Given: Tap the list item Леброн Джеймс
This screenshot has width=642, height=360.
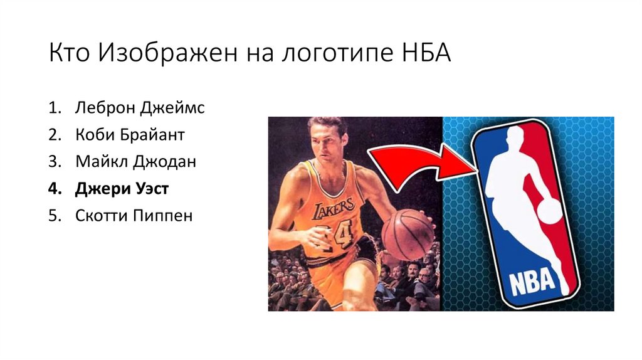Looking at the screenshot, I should [x=140, y=108].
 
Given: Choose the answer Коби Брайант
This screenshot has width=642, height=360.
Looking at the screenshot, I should [x=130, y=135].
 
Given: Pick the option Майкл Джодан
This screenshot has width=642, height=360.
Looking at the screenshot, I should [x=136, y=162].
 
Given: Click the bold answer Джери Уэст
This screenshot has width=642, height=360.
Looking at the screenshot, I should [x=122, y=189].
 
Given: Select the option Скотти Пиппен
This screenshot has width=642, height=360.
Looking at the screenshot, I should [x=134, y=216].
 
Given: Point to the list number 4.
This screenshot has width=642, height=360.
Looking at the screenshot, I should [x=54, y=189].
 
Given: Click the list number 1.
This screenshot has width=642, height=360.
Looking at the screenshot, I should [x=54, y=108].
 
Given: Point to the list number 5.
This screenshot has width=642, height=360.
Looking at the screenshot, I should [x=54, y=216].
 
